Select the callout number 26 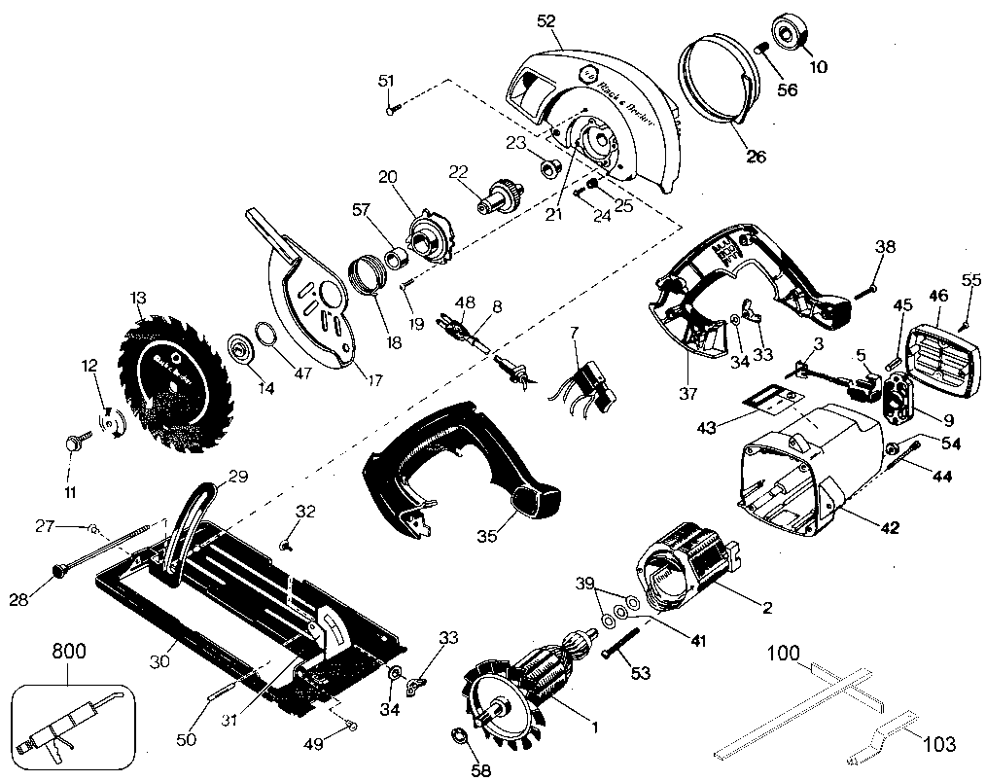pyautogui.click(x=756, y=156)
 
